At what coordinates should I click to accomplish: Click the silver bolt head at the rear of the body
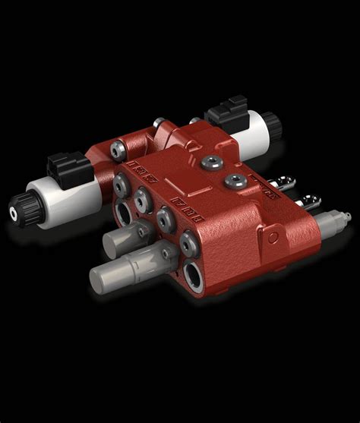pos(159,123)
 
